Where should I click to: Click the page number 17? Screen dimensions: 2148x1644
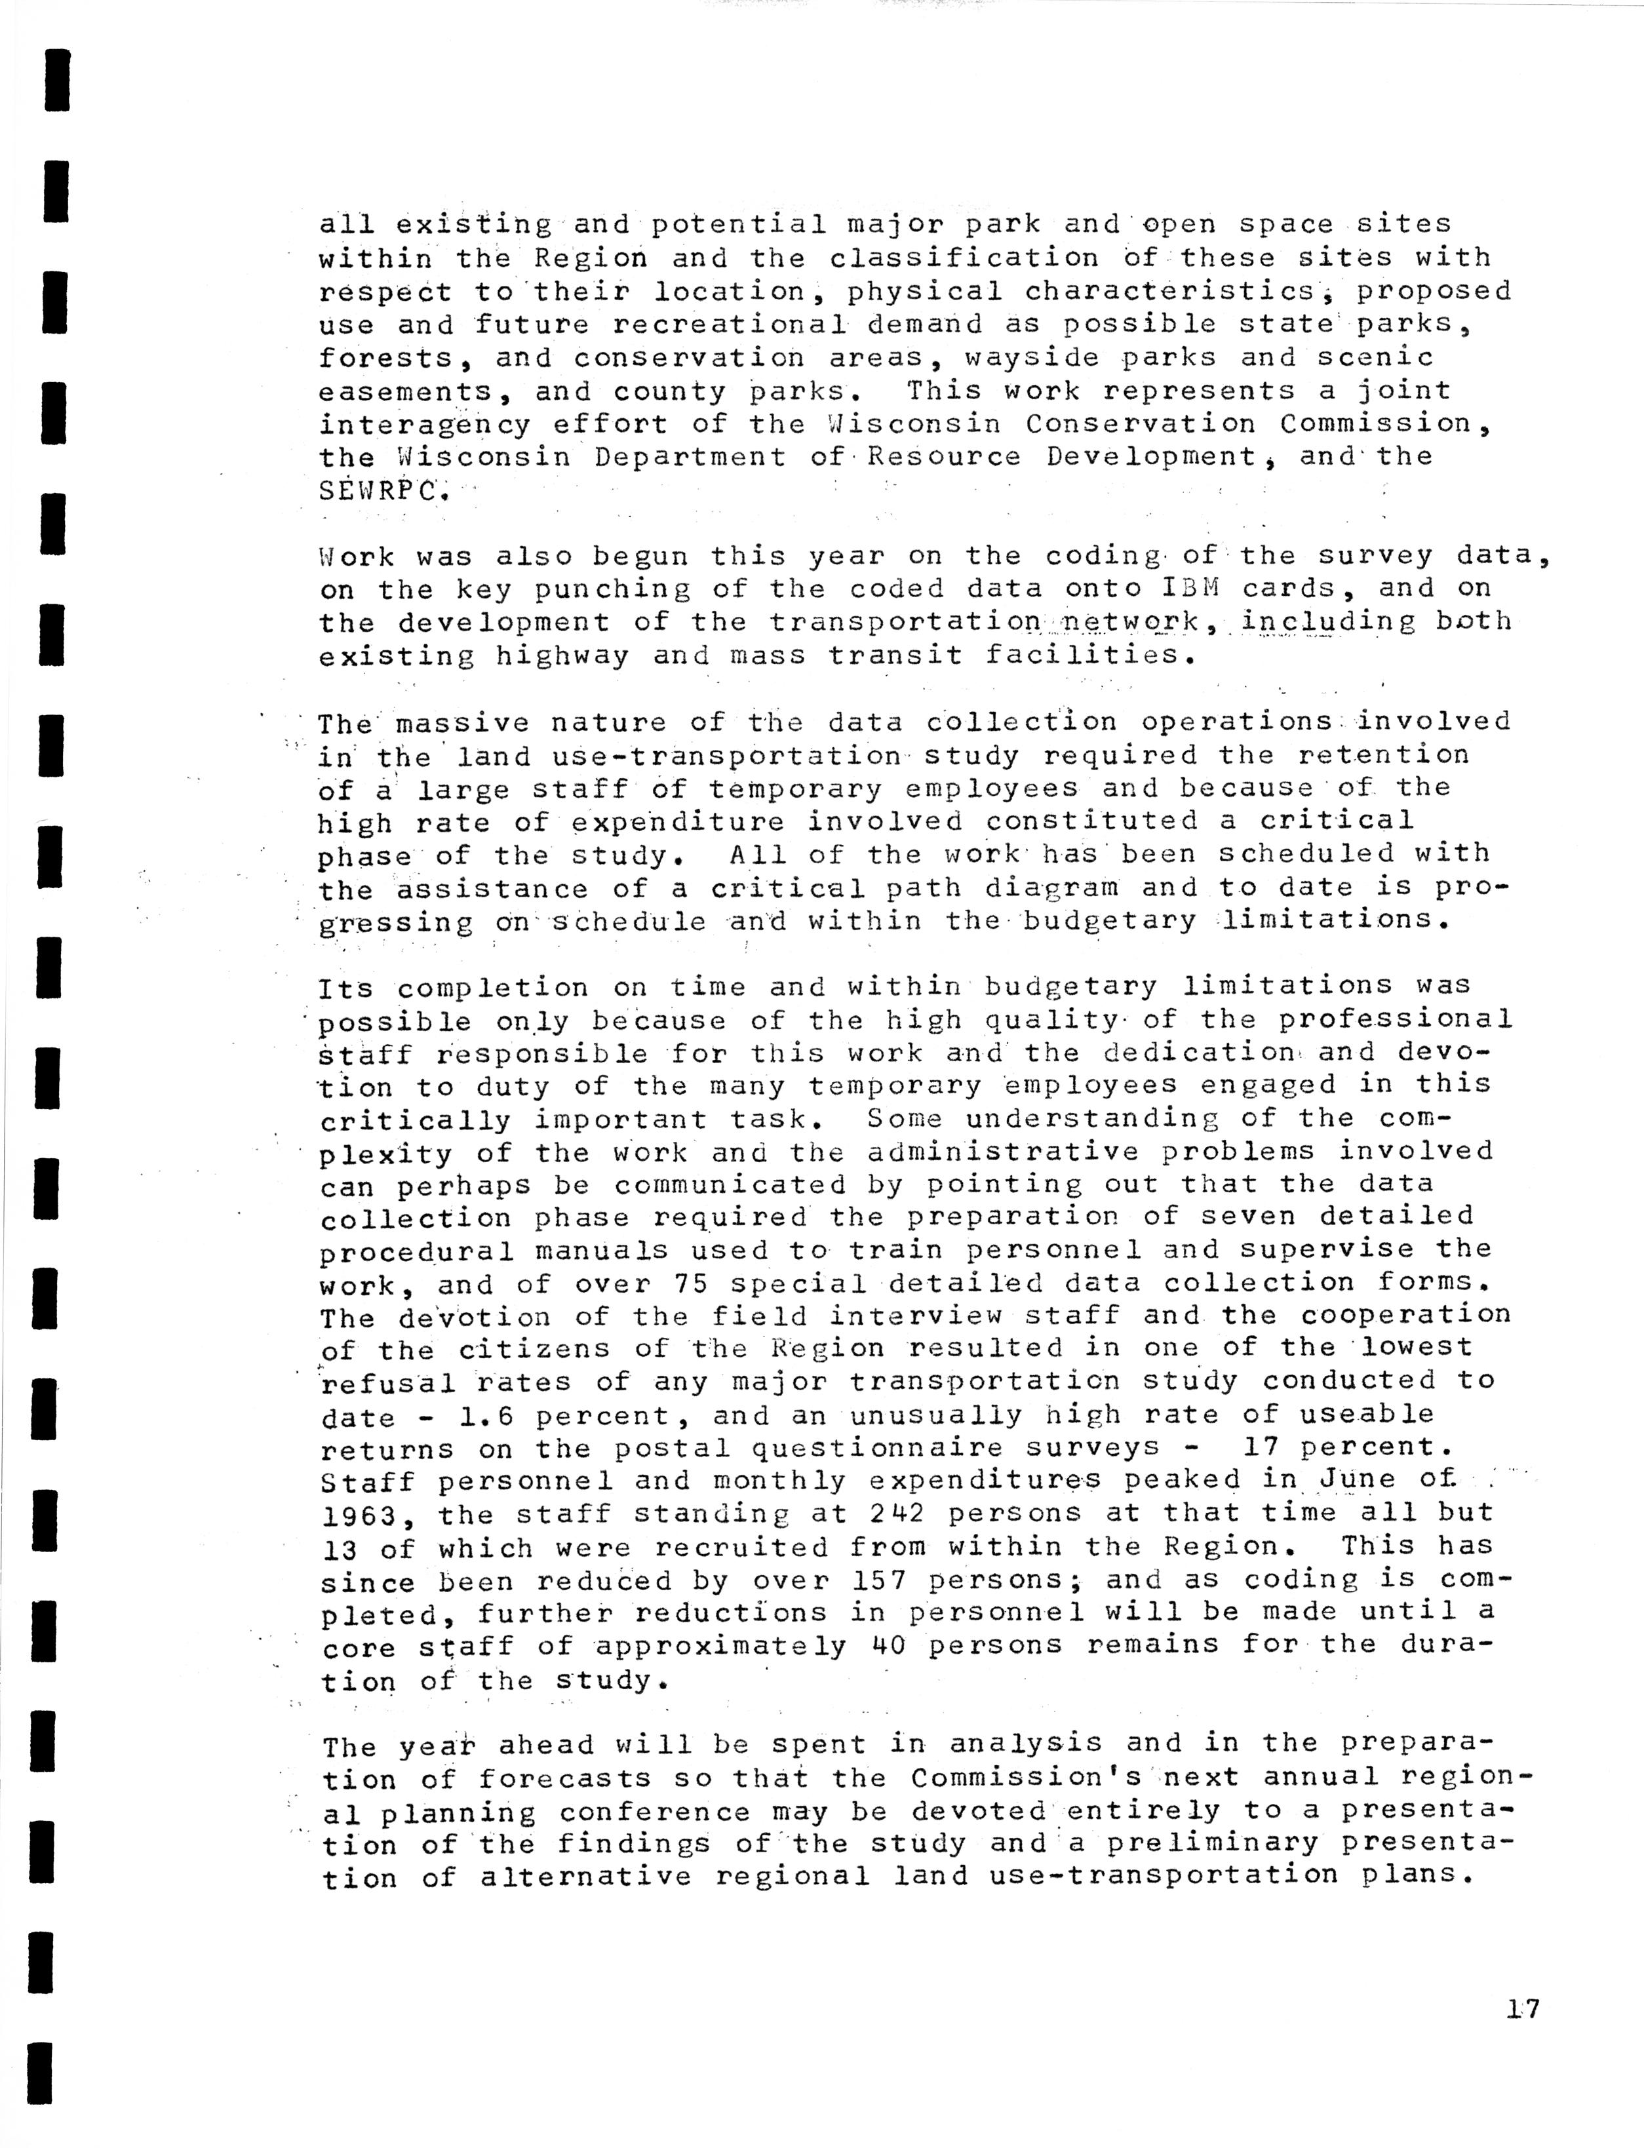[x=1523, y=2009]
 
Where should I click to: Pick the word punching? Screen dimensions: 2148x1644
[x=612, y=590]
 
